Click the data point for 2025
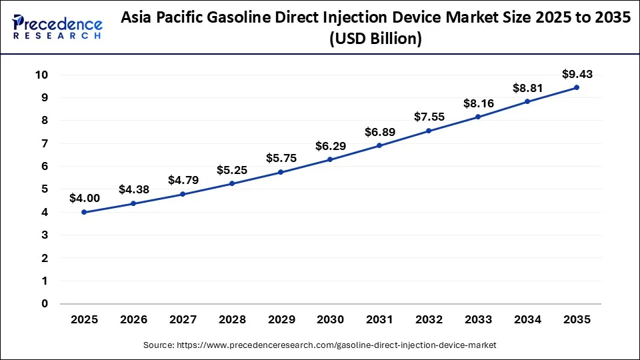tap(84, 212)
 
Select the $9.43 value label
tap(577, 73)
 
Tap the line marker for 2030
tap(330, 159)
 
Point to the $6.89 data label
tap(379, 132)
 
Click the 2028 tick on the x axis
tap(231, 320)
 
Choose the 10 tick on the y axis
tap(41, 75)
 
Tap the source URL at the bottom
tap(319, 345)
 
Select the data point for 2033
tap(478, 117)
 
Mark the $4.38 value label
tap(133, 189)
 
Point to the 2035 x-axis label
tap(577, 320)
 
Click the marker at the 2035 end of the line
tap(577, 87)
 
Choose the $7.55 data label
tap(429, 117)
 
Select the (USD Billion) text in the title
tap(375, 40)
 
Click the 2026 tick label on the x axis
tap(133, 320)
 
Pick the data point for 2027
tap(183, 194)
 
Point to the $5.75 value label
tap(281, 159)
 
